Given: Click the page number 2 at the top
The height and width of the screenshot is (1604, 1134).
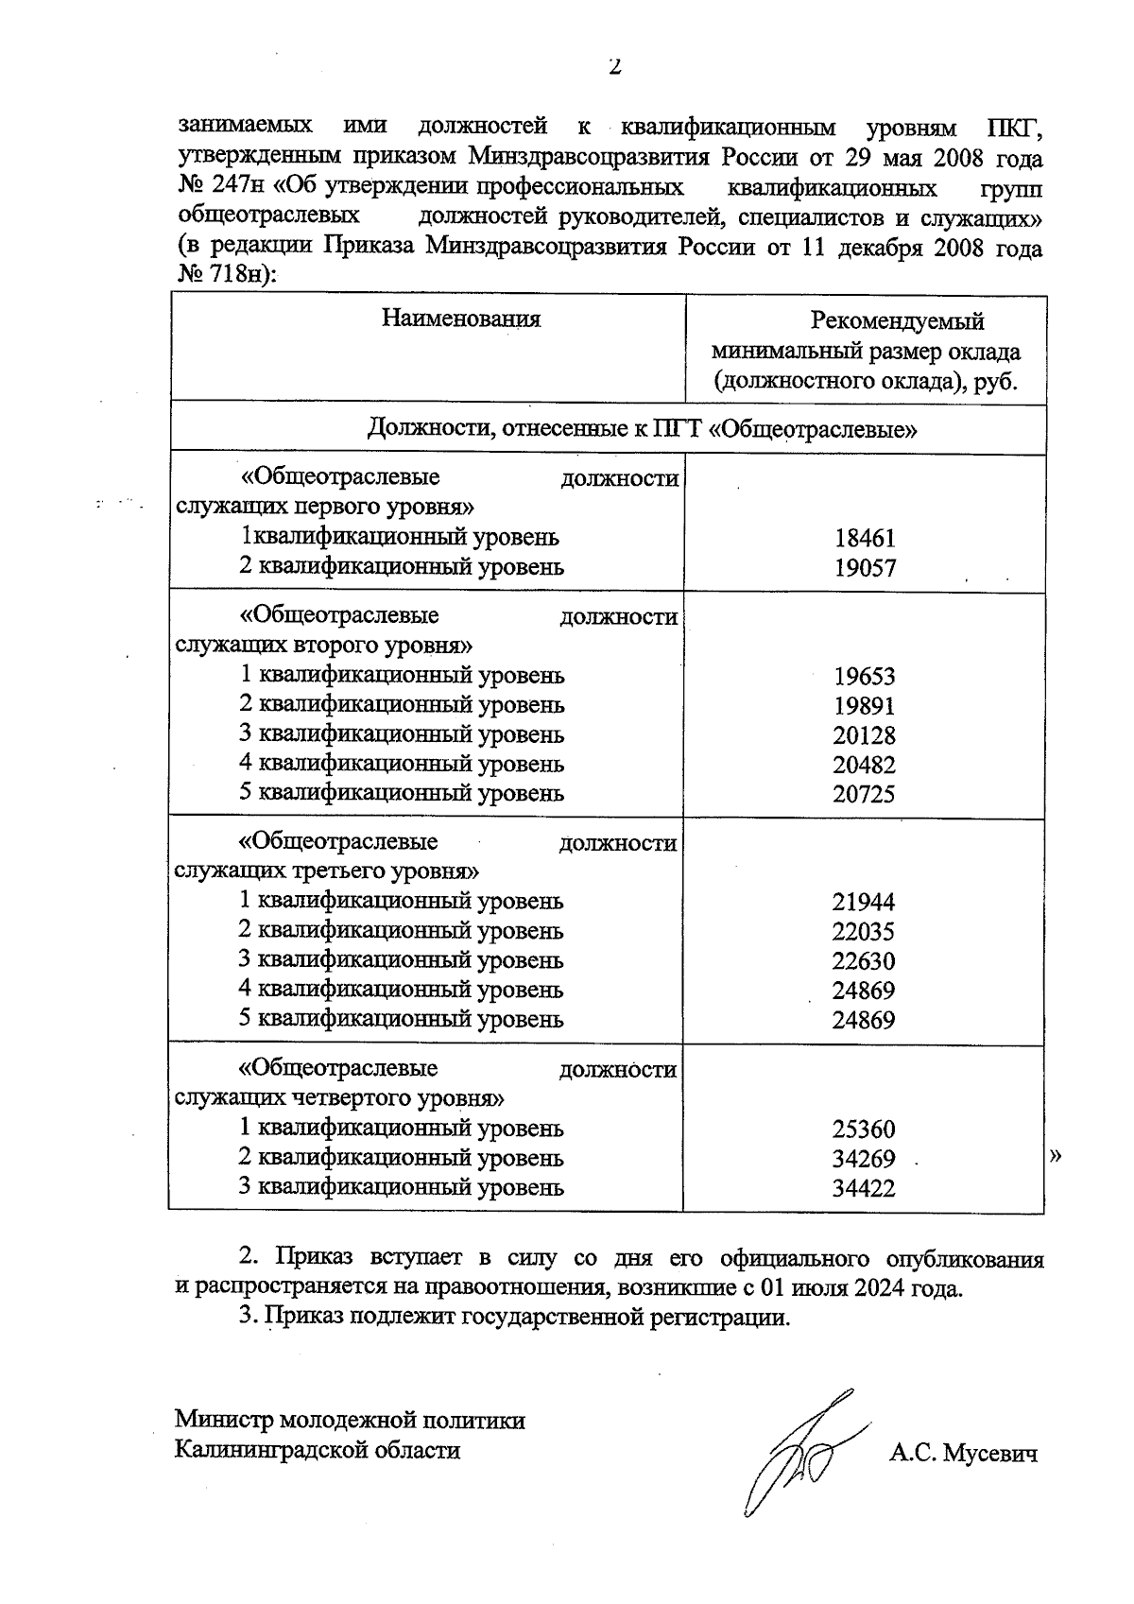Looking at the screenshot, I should (x=614, y=67).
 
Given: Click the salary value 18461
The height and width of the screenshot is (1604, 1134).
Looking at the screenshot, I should (x=864, y=539).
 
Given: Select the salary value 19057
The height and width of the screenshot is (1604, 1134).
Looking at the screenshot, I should (x=864, y=568).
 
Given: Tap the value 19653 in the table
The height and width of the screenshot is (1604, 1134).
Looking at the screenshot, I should (x=864, y=677).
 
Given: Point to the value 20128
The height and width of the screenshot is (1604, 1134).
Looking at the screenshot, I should (x=864, y=735).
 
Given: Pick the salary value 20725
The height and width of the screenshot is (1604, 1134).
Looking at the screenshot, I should (x=864, y=794).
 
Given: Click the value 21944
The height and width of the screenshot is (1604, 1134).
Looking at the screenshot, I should (x=864, y=903).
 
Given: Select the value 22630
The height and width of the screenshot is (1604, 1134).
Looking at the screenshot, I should (x=864, y=961).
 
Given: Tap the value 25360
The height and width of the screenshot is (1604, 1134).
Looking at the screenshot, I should (x=864, y=1130).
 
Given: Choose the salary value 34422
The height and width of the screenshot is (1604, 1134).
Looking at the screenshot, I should (x=864, y=1188).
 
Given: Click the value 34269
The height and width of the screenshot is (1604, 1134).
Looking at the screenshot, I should (x=864, y=1159).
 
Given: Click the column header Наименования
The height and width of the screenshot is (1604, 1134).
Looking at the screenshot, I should (x=461, y=319).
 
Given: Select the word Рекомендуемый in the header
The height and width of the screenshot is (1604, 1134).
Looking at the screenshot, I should (x=898, y=321).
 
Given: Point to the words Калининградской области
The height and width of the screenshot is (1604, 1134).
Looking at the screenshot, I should (x=318, y=1450).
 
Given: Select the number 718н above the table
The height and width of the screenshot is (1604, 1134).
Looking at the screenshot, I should (x=238, y=275).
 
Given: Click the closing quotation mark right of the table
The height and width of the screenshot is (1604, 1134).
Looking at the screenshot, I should (x=1057, y=1155).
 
